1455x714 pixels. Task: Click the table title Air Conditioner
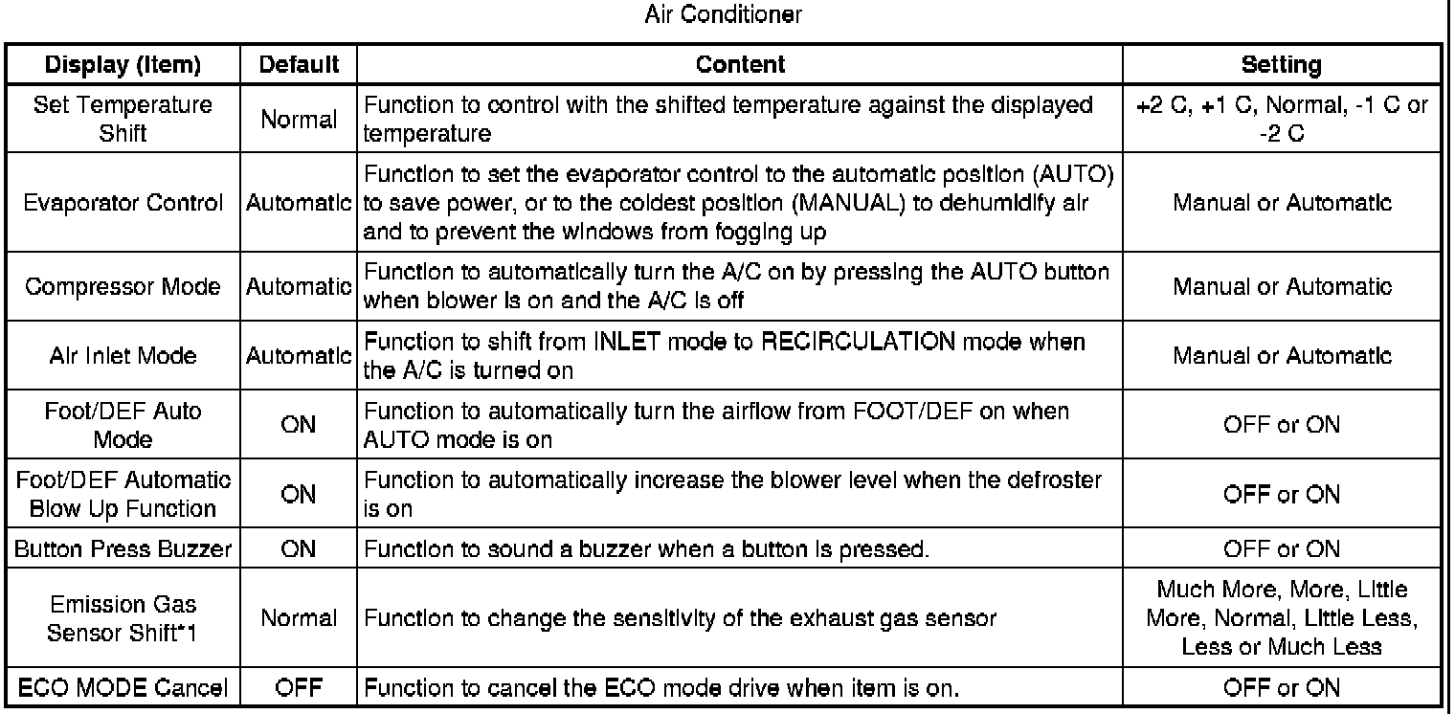tap(727, 15)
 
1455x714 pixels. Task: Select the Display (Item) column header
tap(123, 65)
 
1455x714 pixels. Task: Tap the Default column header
tap(300, 65)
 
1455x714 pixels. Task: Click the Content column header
tap(740, 65)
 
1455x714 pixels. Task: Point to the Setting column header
tap(1280, 65)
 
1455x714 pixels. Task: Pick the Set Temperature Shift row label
tap(123, 119)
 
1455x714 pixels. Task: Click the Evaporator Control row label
tap(123, 203)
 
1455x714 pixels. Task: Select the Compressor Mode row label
tap(123, 286)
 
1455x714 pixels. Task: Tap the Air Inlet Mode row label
tap(123, 356)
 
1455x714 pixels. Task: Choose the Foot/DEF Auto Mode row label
tap(123, 425)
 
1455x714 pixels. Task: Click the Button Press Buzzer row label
tap(123, 550)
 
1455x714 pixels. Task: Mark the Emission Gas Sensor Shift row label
tap(123, 618)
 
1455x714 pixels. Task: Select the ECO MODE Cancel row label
tap(123, 687)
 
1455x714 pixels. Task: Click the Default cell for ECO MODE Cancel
tap(300, 687)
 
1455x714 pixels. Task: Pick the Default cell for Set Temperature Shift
tap(300, 120)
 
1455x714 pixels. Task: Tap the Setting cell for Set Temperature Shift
tap(1280, 119)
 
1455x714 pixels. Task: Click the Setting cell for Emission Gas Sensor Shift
tap(1280, 618)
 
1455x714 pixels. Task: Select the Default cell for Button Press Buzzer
tap(300, 550)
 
